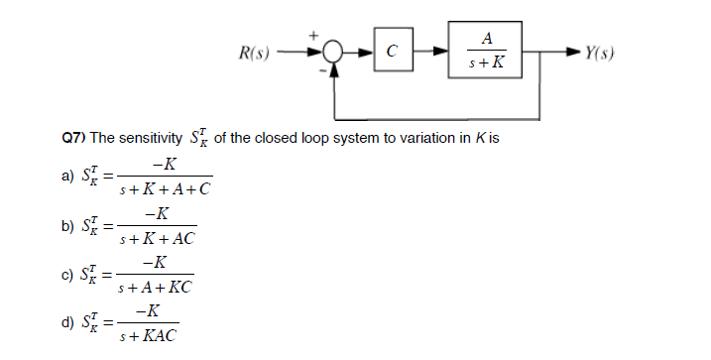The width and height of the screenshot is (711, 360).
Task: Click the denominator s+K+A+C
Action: (165, 188)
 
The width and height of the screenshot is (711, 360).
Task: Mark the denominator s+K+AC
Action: (157, 239)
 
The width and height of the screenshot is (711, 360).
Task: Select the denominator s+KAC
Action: (149, 337)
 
